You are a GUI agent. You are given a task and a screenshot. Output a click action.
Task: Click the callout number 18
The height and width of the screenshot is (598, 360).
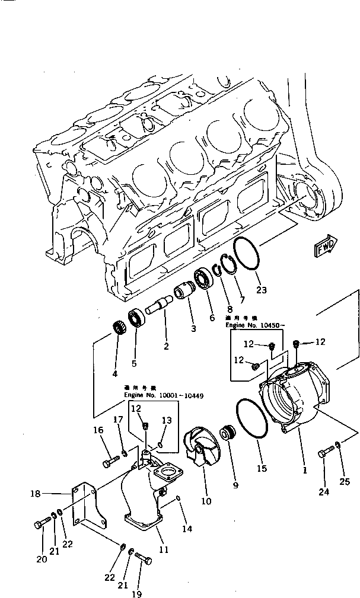pyautogui.click(x=35, y=493)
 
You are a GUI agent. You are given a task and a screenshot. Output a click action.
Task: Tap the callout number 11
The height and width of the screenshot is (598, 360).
pyautogui.click(x=164, y=549)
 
